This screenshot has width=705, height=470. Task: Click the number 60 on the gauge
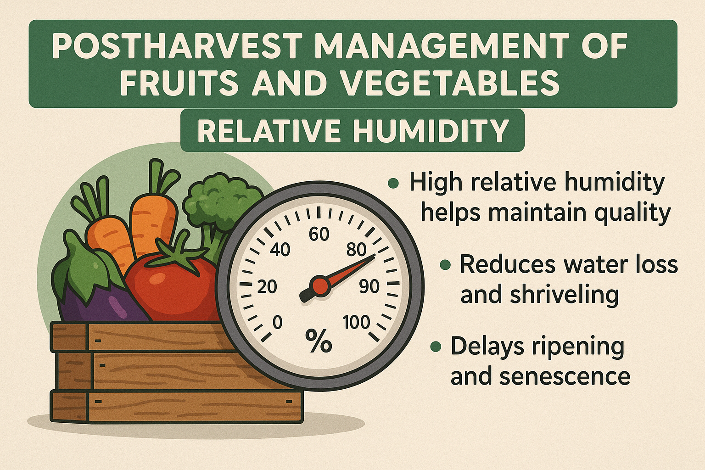point(319,235)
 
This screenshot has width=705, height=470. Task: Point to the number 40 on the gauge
point(280,250)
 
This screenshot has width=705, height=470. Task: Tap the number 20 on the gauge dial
point(267,287)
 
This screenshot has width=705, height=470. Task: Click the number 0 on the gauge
point(277,323)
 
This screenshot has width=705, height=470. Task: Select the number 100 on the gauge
point(356,323)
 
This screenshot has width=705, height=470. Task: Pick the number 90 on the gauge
point(369,287)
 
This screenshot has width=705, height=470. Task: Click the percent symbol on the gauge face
point(319,342)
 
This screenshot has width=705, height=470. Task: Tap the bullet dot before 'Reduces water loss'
point(444,265)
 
